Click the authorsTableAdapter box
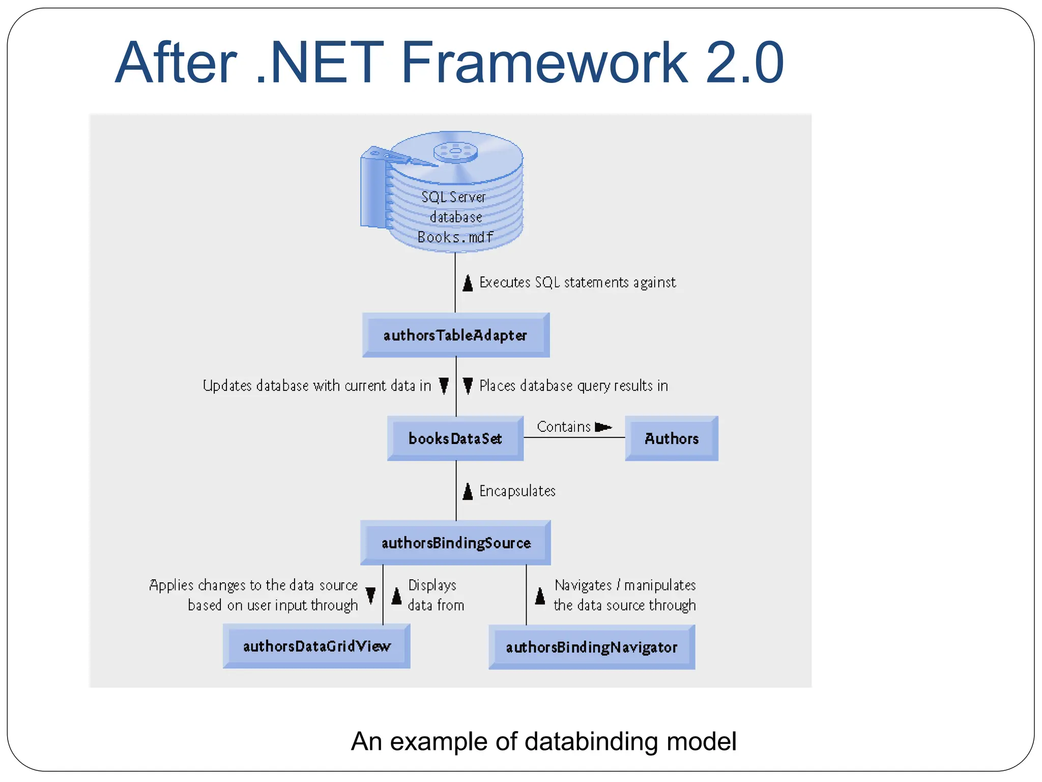[x=455, y=335]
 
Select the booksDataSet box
[x=455, y=438]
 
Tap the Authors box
[x=671, y=438]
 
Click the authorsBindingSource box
[x=455, y=543]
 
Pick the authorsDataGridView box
[x=316, y=646]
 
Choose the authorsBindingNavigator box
[x=591, y=647]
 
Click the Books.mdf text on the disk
[x=455, y=237]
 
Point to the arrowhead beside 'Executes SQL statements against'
[x=468, y=283]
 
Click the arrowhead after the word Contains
[x=603, y=427]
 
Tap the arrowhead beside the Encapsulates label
[x=468, y=491]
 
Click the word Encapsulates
[x=517, y=491]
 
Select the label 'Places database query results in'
[x=573, y=386]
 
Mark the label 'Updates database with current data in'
[x=316, y=386]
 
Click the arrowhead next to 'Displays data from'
[x=396, y=595]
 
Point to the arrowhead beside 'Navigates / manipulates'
[x=540, y=595]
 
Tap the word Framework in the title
[x=544, y=63]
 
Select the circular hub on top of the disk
[x=455, y=152]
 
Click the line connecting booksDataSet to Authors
[x=574, y=437]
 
